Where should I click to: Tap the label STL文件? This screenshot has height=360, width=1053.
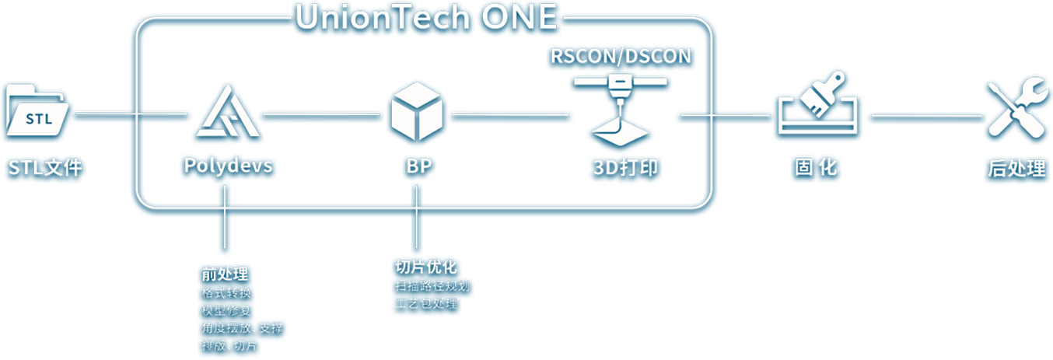point(45,167)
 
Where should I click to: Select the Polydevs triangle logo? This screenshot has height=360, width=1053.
point(227,111)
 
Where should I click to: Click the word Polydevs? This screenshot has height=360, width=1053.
point(228,166)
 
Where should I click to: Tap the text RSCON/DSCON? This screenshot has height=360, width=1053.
point(621,56)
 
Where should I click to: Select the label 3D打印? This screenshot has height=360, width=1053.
point(621,167)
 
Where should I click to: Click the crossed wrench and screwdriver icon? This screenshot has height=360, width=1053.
point(1015,110)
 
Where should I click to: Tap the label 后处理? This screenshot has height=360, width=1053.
point(1016,168)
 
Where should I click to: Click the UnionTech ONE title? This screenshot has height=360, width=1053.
point(426,16)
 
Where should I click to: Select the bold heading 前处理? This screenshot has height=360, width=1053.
point(225,274)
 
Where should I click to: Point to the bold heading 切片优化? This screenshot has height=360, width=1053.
point(426,267)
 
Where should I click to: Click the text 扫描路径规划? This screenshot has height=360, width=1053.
point(432,285)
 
